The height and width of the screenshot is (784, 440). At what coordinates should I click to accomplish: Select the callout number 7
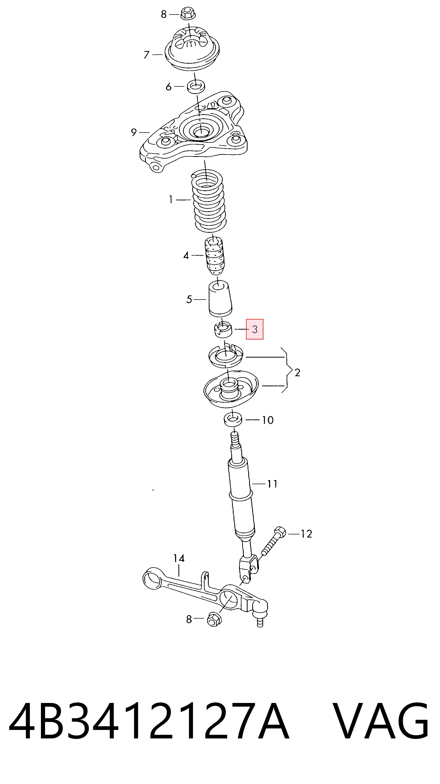(x=147, y=55)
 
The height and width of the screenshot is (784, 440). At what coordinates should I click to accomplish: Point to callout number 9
(x=134, y=132)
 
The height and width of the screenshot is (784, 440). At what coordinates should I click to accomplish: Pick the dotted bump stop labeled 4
(x=214, y=255)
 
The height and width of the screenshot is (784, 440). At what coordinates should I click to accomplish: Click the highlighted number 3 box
(x=255, y=329)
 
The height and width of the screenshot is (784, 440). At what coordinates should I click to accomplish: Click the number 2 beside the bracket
(x=297, y=372)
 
